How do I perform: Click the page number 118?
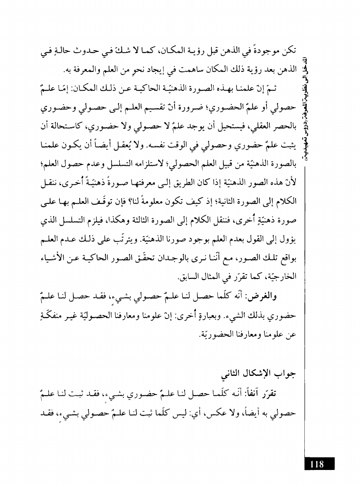click(x=317, y=464)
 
